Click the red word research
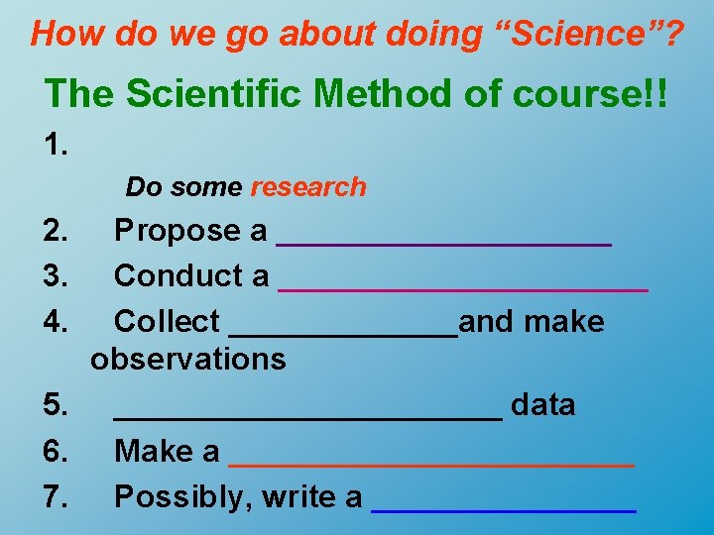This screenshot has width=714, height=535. pyautogui.click(x=308, y=186)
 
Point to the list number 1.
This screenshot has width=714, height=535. pyautogui.click(x=56, y=146)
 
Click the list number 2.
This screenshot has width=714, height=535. pyautogui.click(x=56, y=231)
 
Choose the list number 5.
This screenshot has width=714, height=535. pyautogui.click(x=56, y=405)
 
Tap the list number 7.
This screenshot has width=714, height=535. pyautogui.click(x=56, y=496)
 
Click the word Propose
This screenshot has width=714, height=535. pyautogui.click(x=178, y=231)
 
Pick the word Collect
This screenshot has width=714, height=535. pyautogui.click(x=167, y=321)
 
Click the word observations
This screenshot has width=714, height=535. pyautogui.click(x=187, y=359)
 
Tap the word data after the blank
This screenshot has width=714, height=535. pyautogui.click(x=542, y=405)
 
